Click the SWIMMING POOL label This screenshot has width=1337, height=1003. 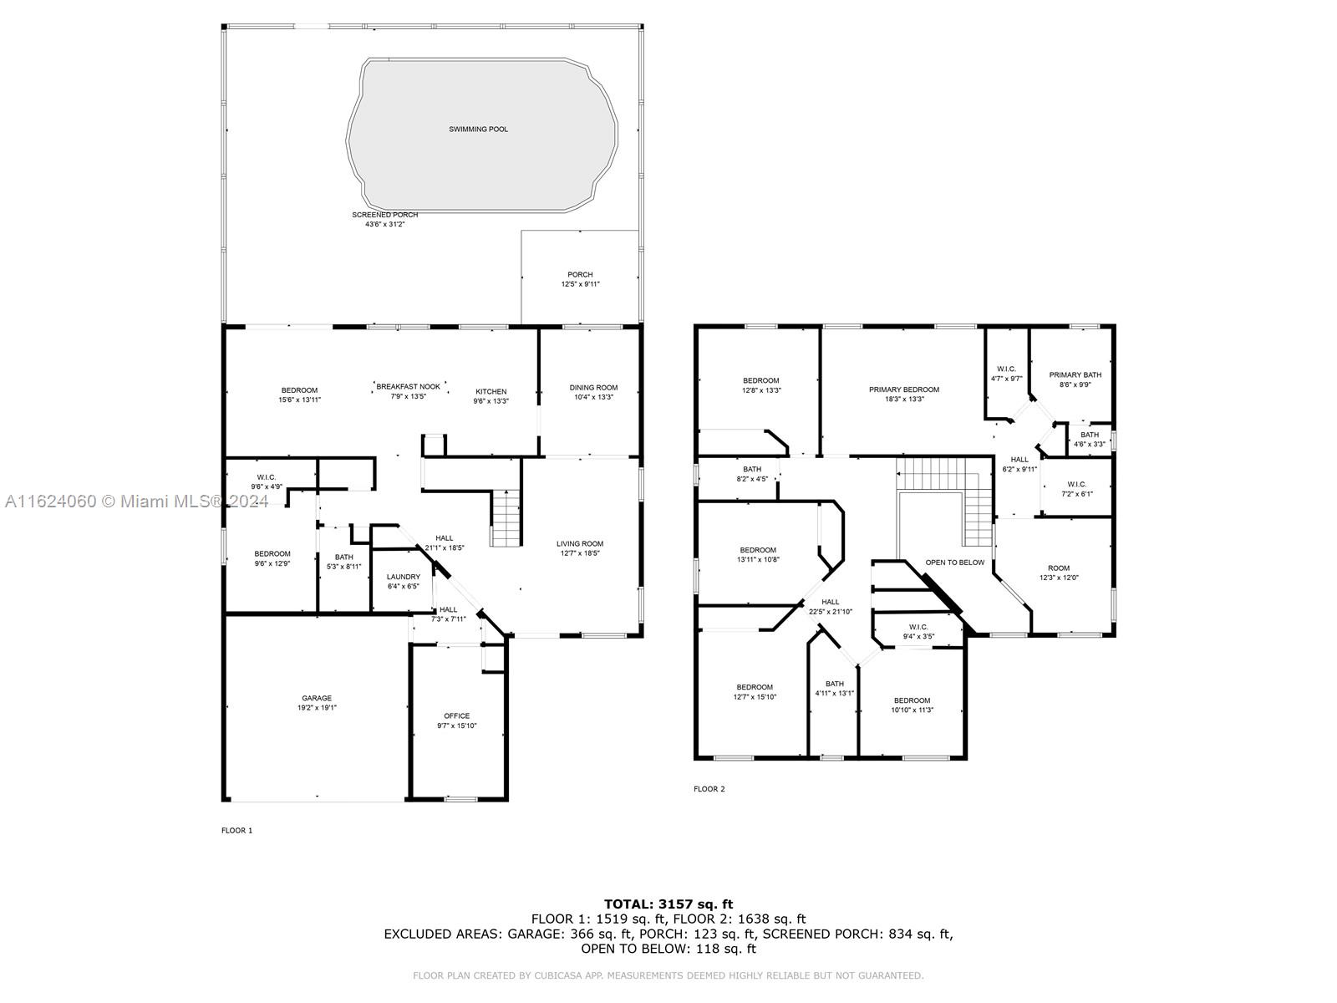[x=478, y=129]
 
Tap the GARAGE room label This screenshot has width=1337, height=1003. [x=317, y=698]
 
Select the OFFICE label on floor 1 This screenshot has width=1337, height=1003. [x=457, y=715]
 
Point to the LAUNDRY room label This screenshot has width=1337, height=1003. [x=404, y=577]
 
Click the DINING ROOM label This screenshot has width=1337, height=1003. [x=593, y=387]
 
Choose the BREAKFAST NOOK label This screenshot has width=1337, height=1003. [x=408, y=387]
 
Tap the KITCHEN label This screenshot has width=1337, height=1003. [x=491, y=391]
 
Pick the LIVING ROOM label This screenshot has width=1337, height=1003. [x=580, y=544]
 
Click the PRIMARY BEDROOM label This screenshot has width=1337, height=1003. [x=904, y=389]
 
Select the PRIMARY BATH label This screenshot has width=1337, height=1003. [x=1075, y=375]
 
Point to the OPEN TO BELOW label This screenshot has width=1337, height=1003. [x=954, y=563]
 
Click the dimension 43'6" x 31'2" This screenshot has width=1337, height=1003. [x=385, y=224]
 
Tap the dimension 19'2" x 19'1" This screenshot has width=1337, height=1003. [x=317, y=708]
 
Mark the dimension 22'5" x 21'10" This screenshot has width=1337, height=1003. [x=831, y=612]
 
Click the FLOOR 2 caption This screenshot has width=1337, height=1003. [x=709, y=789]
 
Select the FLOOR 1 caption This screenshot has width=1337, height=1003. [x=237, y=830]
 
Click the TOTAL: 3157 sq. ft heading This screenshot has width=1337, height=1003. [x=668, y=904]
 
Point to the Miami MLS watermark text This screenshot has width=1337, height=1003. [x=136, y=501]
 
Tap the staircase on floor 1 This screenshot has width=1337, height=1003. [x=506, y=518]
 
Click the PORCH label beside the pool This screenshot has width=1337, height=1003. [x=580, y=275]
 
